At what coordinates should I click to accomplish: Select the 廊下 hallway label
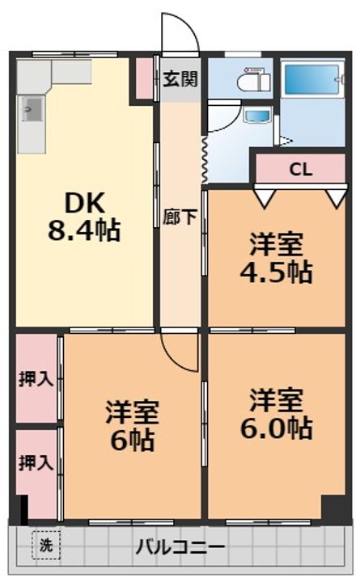[178, 217]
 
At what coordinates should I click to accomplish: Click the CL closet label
[300, 170]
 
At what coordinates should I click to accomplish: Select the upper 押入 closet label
[36, 378]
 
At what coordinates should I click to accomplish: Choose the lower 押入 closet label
[36, 463]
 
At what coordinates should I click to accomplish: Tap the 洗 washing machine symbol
[45, 545]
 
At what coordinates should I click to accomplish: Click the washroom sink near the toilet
[258, 116]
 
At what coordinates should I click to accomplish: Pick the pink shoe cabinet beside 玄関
[144, 77]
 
